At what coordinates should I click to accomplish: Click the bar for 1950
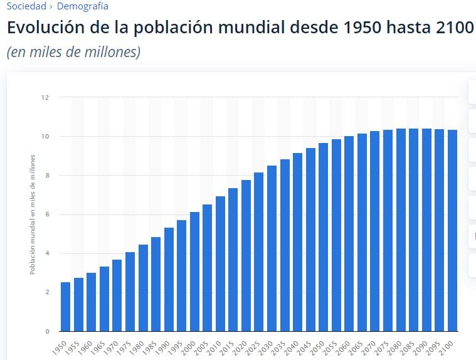(65, 307)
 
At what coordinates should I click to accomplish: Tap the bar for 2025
(258, 251)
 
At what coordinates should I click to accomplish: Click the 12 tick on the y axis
(45, 97)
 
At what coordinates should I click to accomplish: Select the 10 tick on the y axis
(45, 136)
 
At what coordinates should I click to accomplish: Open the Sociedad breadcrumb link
(26, 6)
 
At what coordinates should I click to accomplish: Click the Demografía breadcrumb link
(82, 6)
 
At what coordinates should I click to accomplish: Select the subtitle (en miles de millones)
(73, 52)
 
